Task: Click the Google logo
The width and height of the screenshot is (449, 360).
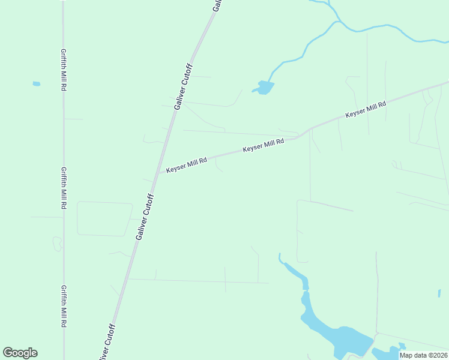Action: click(20, 353)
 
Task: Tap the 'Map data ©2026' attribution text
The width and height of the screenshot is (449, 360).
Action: click(423, 355)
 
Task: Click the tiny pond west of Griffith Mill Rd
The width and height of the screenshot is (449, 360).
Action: click(37, 83)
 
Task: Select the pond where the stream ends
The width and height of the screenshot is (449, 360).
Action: click(264, 88)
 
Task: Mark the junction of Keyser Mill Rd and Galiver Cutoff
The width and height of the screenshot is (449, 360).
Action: click(158, 173)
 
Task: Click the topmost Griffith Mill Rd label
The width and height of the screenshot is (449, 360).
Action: click(63, 70)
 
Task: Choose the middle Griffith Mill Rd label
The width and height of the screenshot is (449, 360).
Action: click(63, 188)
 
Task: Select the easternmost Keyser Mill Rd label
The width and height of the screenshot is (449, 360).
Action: click(365, 109)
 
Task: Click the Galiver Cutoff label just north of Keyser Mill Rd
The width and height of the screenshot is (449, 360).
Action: click(182, 86)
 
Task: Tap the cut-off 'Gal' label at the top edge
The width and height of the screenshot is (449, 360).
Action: click(218, 5)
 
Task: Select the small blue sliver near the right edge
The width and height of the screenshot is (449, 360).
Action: click(439, 293)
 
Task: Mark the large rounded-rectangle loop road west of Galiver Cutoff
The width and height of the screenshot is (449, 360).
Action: click(104, 218)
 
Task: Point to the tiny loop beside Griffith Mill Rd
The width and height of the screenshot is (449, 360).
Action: click(57, 244)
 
